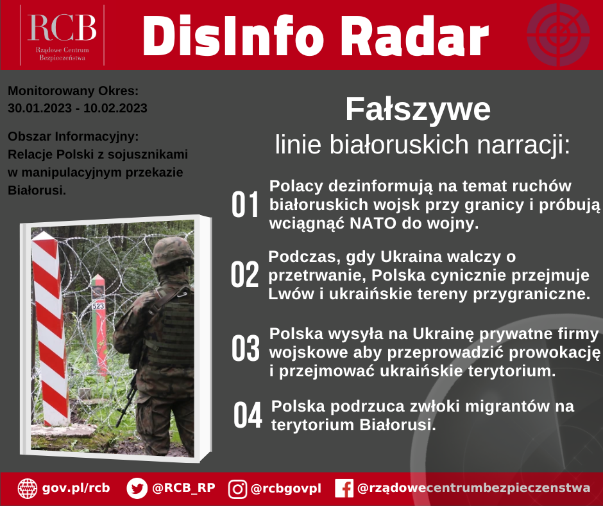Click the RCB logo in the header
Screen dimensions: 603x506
(62, 35)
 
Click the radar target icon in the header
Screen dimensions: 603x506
(558, 35)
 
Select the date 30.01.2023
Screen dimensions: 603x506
(40, 109)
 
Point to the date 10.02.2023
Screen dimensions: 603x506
(115, 109)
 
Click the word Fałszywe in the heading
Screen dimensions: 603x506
(418, 109)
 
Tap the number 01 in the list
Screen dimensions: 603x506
(245, 204)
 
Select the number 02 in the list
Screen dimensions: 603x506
(244, 274)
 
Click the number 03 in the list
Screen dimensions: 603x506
(245, 348)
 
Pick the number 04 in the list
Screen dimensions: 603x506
(248, 415)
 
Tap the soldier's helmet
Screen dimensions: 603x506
(172, 252)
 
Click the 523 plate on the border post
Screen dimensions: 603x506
(98, 306)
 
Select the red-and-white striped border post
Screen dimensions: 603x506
(50, 329)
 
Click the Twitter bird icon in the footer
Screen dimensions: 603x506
(137, 489)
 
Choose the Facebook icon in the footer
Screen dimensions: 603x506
(344, 489)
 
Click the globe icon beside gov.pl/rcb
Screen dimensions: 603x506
(28, 489)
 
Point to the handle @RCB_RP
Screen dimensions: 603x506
(183, 488)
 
